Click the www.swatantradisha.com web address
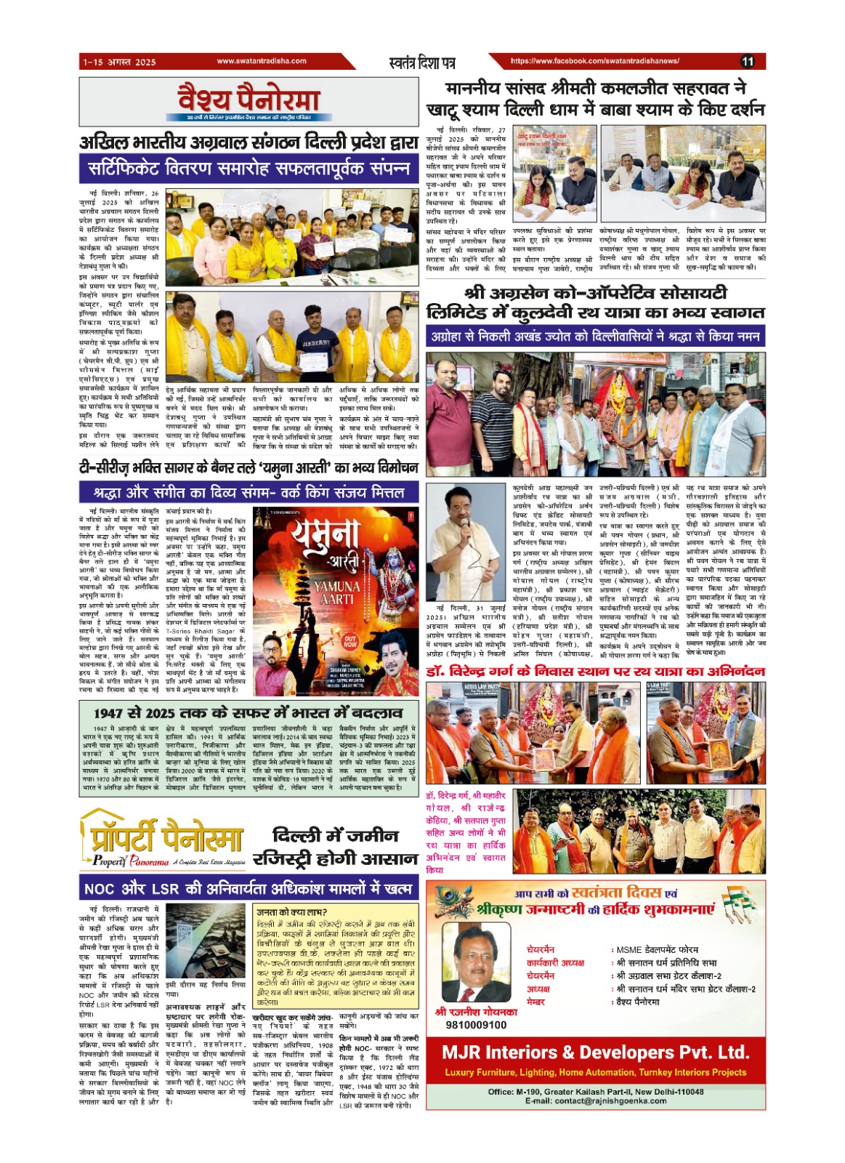[x=262, y=62]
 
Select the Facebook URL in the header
[x=595, y=62]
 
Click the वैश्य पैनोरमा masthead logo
[x=249, y=100]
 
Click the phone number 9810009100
[x=476, y=1025]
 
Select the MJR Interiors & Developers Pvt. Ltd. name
[x=595, y=1052]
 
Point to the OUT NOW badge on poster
[x=350, y=641]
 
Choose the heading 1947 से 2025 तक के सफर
[x=248, y=712]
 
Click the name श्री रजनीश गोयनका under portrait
[x=476, y=1011]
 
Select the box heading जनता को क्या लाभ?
[x=292, y=912]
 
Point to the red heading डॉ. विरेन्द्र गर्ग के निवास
[x=595, y=672]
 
